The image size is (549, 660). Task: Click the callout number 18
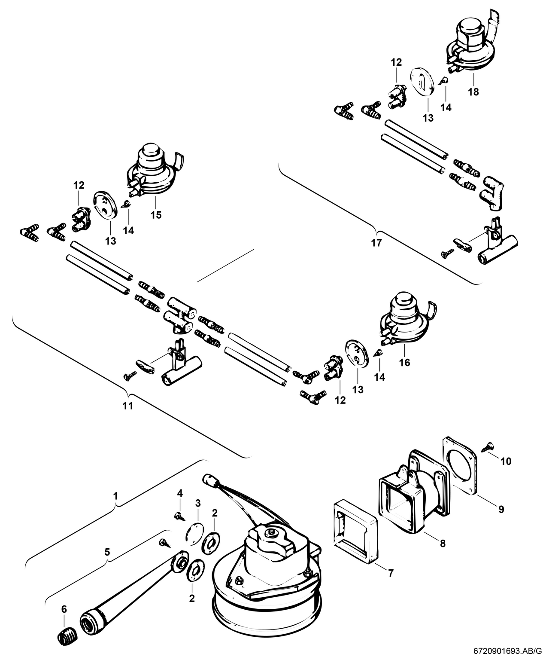point(473,92)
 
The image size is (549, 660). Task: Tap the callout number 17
point(376,243)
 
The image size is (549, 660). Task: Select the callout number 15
point(156,215)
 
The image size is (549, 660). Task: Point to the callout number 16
point(404,363)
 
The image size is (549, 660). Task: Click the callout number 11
point(128,406)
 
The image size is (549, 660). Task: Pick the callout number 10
point(506,461)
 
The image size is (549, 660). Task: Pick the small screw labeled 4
point(178,514)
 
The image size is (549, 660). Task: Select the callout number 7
point(390,573)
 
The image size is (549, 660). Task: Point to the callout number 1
point(115,496)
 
